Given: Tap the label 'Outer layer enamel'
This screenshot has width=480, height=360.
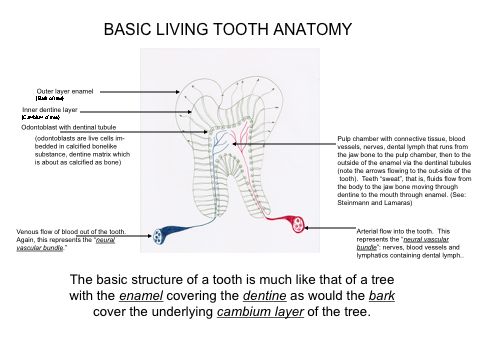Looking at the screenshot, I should pos(67,90).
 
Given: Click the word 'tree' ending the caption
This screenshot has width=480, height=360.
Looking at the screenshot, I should pos(360,311).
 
